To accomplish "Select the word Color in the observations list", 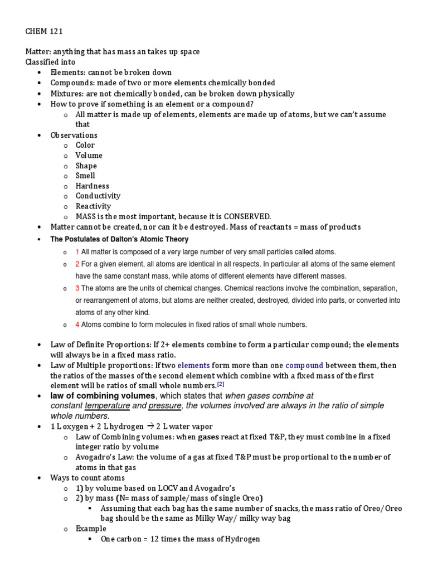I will (85, 146).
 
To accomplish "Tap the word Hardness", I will (93, 186).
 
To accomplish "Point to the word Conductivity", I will (98, 196).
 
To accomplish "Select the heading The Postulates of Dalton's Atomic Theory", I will (119, 239).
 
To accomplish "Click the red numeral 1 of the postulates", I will (77, 252).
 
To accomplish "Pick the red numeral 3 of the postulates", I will (77, 288).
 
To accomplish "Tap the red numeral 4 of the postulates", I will (77, 325).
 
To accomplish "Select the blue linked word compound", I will (304, 366).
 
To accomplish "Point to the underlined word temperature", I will (107, 406).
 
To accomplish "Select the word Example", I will (91, 529).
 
